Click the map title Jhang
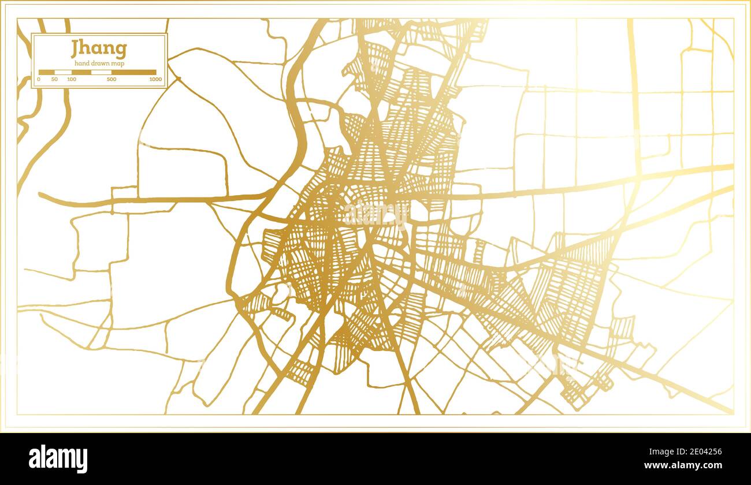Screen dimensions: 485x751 pos(99,49)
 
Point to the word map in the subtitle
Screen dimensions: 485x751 pos(118,64)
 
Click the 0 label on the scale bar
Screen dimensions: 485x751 pos(39,79)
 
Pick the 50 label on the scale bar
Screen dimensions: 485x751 pos(54,79)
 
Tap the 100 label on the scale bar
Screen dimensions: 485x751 pos(71,79)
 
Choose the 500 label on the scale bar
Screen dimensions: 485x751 pos(111,79)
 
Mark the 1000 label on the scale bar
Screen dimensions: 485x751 pos(155,79)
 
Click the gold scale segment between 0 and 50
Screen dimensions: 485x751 pos(46,72)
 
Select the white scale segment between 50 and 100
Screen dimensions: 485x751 pos(62,72)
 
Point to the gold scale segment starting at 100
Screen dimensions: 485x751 pos(81,72)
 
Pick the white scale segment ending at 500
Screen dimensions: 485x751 pos(101,72)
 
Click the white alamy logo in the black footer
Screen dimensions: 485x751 pos(58,458)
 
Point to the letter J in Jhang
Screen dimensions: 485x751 pos(75,49)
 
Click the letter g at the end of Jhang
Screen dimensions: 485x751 pos(120,51)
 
